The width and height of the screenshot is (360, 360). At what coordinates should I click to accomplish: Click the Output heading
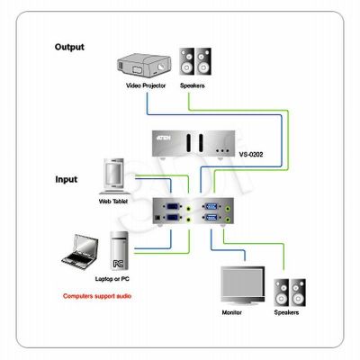click(69, 47)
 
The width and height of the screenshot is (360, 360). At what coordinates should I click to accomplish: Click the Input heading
click(66, 179)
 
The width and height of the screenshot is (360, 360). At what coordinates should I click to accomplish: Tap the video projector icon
click(144, 66)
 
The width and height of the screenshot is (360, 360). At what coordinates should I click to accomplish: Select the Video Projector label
click(146, 85)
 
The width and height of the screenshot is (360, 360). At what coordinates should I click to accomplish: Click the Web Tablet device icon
click(114, 176)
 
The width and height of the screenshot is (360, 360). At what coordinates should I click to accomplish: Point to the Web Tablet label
click(113, 202)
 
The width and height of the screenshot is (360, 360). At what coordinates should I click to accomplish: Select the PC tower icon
click(119, 251)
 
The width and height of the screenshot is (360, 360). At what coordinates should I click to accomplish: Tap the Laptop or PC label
click(112, 279)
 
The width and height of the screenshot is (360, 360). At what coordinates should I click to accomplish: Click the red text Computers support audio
click(97, 296)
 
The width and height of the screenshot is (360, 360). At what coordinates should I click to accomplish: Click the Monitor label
click(231, 312)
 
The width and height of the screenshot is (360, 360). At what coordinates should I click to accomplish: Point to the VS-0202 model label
click(251, 155)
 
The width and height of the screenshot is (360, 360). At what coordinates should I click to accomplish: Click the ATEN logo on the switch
click(164, 138)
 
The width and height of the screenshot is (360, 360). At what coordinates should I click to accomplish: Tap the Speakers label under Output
click(193, 85)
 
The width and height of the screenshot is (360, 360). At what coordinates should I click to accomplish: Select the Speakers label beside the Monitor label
click(286, 312)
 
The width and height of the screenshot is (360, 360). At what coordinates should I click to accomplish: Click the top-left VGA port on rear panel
click(173, 207)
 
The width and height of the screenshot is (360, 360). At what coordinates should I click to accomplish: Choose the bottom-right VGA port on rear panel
click(211, 218)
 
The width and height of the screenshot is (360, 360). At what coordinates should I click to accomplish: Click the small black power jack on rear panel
click(157, 219)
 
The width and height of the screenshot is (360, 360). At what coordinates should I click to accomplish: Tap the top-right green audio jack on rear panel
click(229, 207)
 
